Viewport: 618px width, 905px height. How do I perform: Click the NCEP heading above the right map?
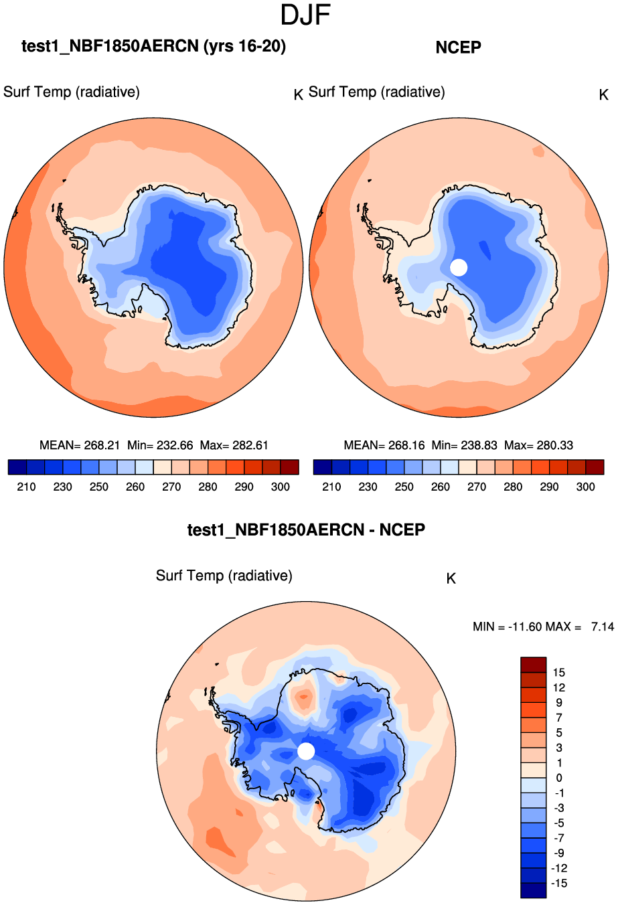pos(458,48)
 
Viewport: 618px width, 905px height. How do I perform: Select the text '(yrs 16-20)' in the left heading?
pos(244,46)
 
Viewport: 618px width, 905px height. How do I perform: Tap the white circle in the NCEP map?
pos(459,267)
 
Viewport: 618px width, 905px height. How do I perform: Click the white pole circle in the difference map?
pos(306,751)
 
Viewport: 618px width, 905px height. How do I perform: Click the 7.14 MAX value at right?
pos(602,627)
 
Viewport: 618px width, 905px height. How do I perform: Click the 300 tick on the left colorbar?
pos(280,487)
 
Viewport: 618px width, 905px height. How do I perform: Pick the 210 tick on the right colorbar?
pos(331,487)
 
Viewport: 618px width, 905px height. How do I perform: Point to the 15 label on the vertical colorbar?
pos(558,673)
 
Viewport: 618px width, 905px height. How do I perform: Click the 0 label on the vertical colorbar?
pos(559,778)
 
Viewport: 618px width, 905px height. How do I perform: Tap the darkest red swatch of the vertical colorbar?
pos(533,665)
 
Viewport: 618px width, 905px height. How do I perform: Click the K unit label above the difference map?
pos(451,578)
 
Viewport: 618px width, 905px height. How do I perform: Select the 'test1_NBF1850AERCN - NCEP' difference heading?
pos(306,530)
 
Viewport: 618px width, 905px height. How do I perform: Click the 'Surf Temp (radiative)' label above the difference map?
pos(224,576)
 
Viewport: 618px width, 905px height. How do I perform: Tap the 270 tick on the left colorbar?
pos(171,487)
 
